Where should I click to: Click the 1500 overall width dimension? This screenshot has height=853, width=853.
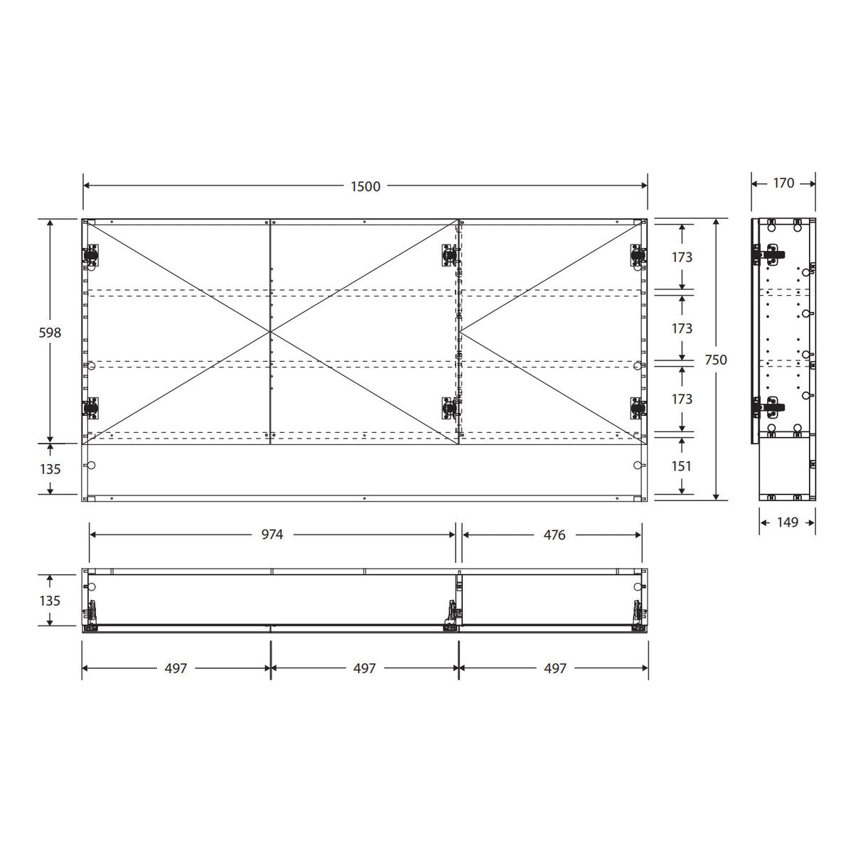point(365,186)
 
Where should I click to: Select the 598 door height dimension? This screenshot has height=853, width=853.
point(50,333)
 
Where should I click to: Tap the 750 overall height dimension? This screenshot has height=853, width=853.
point(716,360)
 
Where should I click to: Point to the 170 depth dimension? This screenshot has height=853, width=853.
point(783,183)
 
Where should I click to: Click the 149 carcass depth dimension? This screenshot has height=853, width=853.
point(788,522)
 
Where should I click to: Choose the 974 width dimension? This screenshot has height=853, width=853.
point(272,535)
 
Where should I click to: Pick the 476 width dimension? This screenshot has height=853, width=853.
point(554,535)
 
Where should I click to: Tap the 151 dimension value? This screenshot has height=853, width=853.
point(681,466)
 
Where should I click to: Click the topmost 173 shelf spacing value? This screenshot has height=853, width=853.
point(682,257)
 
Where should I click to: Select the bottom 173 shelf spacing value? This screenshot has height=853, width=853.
point(682,399)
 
